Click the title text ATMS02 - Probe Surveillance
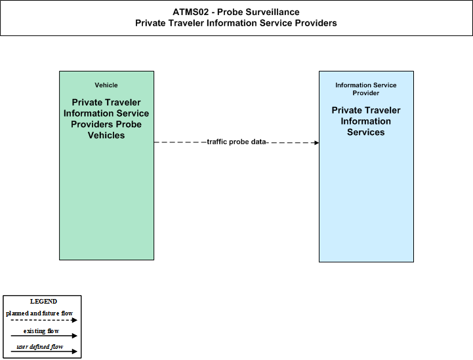click(x=236, y=12)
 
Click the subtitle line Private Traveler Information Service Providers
click(x=236, y=23)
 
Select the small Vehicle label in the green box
click(x=106, y=85)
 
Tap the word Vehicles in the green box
click(x=106, y=135)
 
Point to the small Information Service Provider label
click(x=366, y=89)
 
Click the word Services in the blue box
click(x=366, y=132)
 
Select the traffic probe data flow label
click(x=236, y=142)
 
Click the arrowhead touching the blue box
click(x=316, y=142)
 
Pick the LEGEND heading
click(x=43, y=302)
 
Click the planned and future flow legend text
click(x=39, y=313)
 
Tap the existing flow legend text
click(x=41, y=331)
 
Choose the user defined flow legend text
click(x=40, y=347)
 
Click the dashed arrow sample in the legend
click(x=44, y=320)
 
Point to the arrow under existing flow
click(x=44, y=336)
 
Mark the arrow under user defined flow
click(x=44, y=351)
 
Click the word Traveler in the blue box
click(x=383, y=110)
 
